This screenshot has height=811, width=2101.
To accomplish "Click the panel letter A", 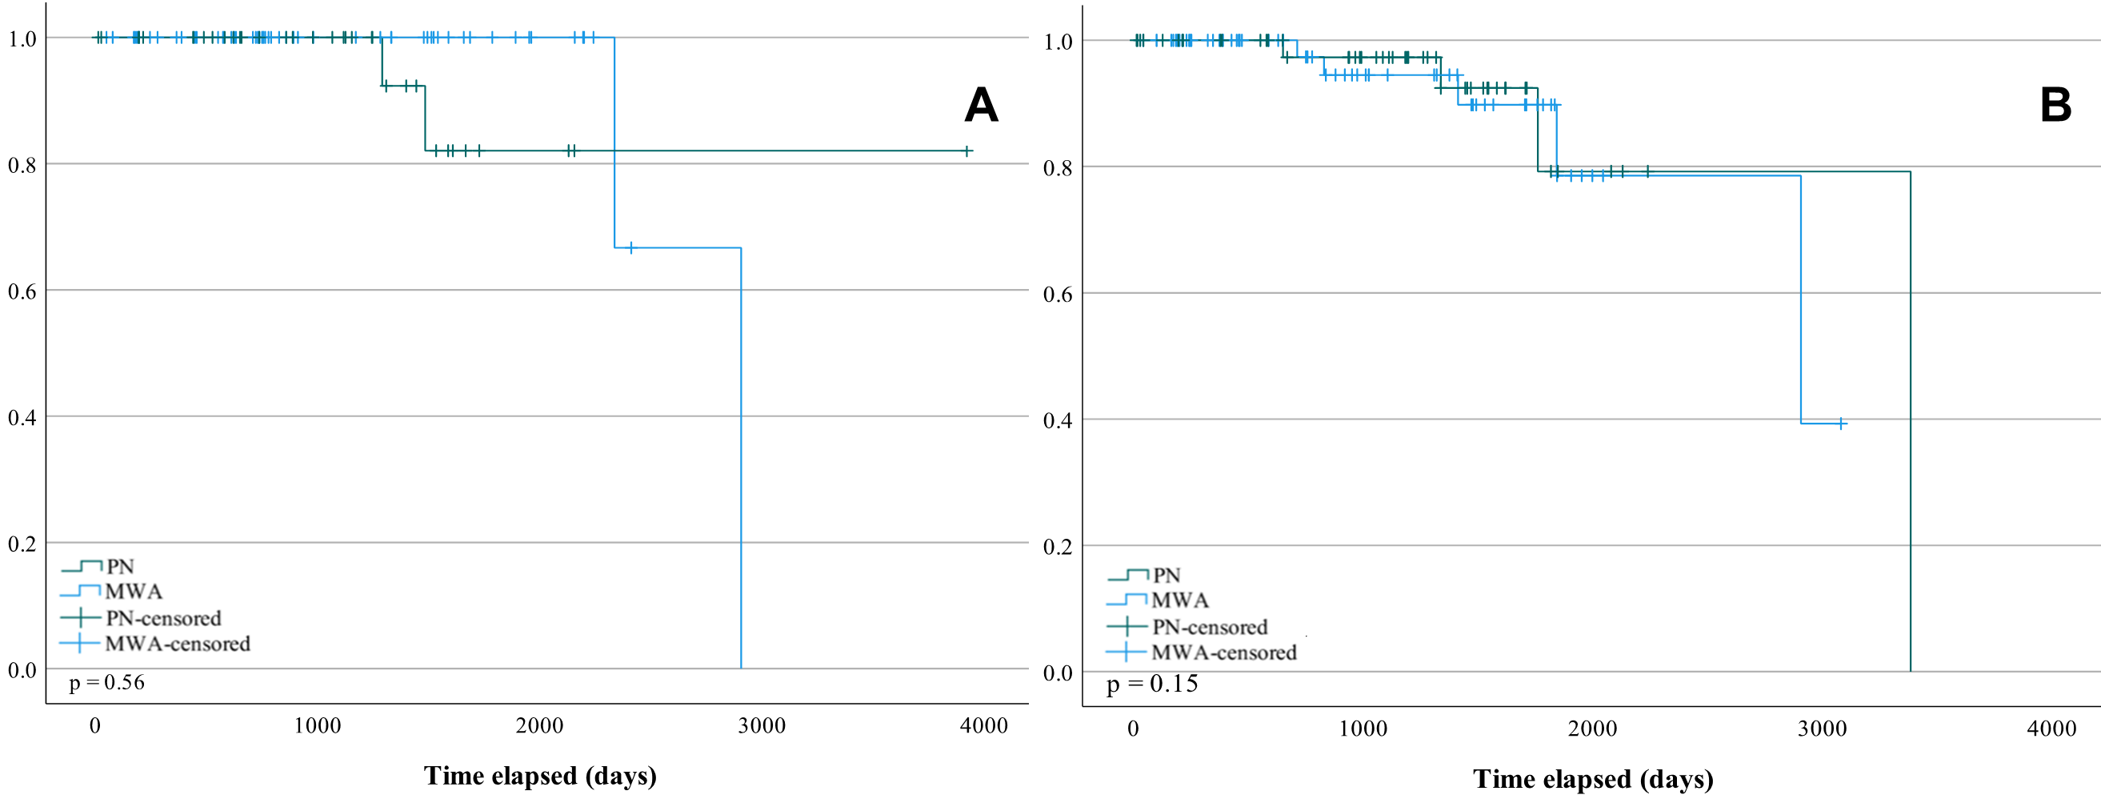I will pos(981,105).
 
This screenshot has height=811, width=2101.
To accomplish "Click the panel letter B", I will pos(2055,105).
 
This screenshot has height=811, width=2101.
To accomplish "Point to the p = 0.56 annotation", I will pos(107,682).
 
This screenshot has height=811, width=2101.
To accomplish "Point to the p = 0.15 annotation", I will pos(1151,684).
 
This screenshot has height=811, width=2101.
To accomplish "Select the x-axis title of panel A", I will pos(540,775).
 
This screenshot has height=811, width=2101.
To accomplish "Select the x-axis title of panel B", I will pos(1592,778).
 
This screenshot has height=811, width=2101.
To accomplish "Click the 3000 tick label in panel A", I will pos(762,725).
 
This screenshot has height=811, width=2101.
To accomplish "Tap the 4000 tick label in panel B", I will pos(2051,728).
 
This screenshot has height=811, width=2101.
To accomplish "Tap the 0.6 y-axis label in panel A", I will pos(22,292).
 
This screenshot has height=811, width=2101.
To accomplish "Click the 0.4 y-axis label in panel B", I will pos(1058,421).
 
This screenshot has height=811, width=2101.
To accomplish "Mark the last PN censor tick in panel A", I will pos(966,151).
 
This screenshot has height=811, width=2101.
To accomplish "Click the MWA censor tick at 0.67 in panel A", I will pos(630,248).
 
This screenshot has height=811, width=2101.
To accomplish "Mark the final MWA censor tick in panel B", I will pos(1842,424).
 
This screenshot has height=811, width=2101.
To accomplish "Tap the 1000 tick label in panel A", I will pos(318,725).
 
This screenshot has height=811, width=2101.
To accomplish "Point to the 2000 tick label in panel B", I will pos(1592,728).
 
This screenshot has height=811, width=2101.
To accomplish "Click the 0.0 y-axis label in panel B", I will pos(1058,673).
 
